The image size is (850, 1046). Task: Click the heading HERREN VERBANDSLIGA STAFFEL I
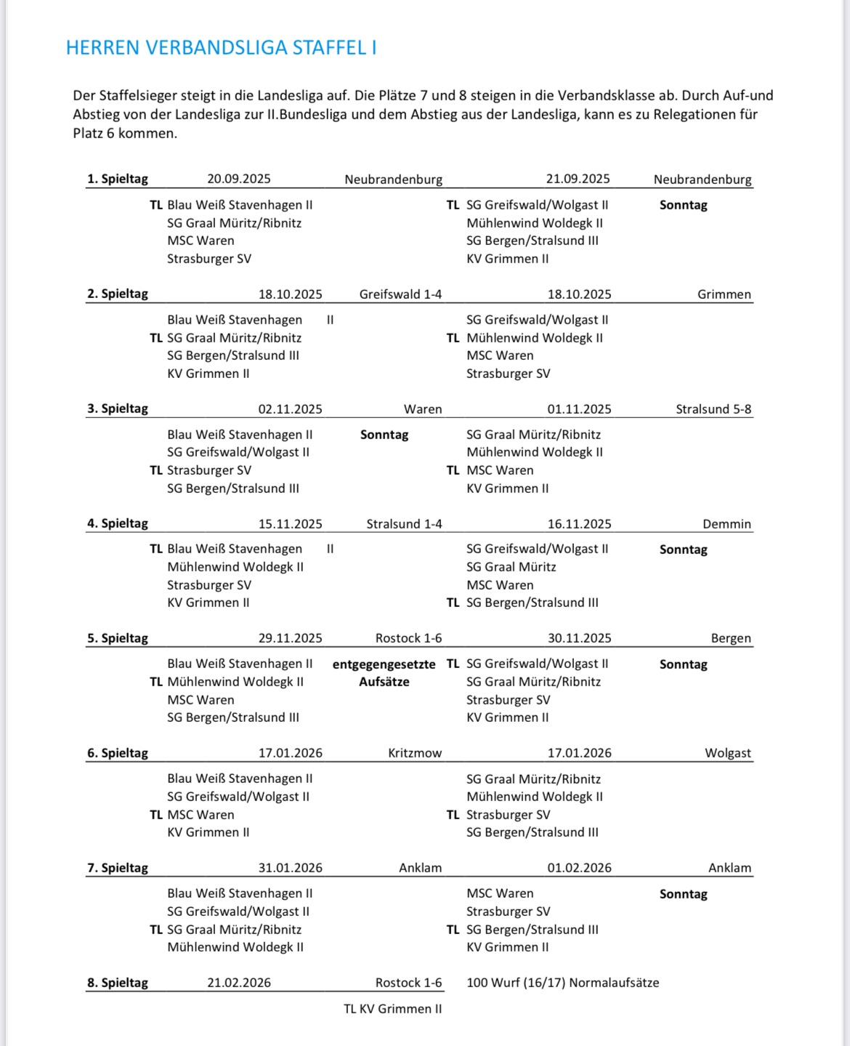coord(221,48)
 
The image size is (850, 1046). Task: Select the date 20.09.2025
coord(238,179)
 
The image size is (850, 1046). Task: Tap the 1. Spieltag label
coord(118,179)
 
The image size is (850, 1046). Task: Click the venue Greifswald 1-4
coord(400,294)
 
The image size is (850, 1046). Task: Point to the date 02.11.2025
coord(290,409)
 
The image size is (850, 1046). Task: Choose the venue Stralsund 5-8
coord(713,409)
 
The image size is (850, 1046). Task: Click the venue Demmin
coord(726,524)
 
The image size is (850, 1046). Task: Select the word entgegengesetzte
coord(384,664)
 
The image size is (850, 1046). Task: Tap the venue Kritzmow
coord(414,753)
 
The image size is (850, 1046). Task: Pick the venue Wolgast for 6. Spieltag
coord(727,753)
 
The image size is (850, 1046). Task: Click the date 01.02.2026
coord(579,868)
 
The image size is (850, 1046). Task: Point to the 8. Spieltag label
coord(118,983)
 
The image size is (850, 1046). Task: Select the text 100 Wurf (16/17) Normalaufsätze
coord(562,983)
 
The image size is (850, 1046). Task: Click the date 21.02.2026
coord(238,983)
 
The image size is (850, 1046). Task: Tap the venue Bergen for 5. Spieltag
coord(731,638)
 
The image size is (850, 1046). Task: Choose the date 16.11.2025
coord(579,524)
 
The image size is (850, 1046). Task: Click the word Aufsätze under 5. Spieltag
coord(384,682)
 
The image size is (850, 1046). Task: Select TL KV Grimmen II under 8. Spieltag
coord(392,1009)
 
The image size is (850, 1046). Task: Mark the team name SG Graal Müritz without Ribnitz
coord(511,567)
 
